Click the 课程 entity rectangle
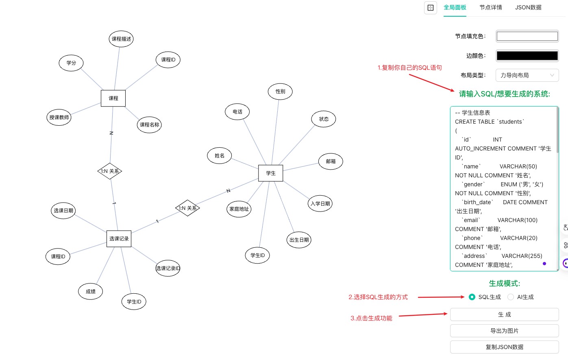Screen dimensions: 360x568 coord(113,98)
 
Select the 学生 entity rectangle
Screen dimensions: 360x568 coord(270,173)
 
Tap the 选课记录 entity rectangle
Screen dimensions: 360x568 coord(119,239)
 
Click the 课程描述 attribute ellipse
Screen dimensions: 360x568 coord(121,39)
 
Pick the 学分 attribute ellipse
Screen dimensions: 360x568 coord(71,63)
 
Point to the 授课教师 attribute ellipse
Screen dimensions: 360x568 coord(59,118)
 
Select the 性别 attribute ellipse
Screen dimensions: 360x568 coord(280,92)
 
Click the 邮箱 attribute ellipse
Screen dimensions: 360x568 coord(331,161)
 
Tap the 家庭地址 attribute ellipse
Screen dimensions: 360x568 coord(239,209)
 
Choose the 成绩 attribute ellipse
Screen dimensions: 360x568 coord(91,292)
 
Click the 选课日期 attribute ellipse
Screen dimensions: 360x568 coord(63,211)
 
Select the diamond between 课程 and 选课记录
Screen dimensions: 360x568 coord(110,171)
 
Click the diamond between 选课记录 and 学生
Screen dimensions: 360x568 coord(187,208)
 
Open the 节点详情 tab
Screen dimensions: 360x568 coord(490,7)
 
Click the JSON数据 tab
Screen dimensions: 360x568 coord(528,7)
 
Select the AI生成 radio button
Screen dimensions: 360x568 coord(511,297)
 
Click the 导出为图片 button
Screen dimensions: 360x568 coord(504,331)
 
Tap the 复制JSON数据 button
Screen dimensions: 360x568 coord(504,347)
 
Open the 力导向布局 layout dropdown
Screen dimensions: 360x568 coord(527,75)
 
